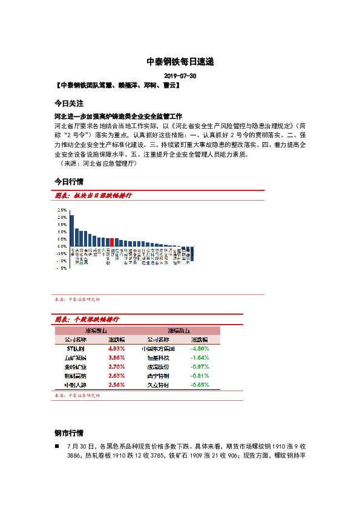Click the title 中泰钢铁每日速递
pyautogui.click(x=180, y=62)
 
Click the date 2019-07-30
pyautogui.click(x=180, y=77)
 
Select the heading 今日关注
pyautogui.click(x=68, y=103)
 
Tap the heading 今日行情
pyautogui.click(x=68, y=181)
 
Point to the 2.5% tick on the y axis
pyautogui.click(x=62, y=210)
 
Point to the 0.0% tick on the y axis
pyautogui.click(x=62, y=246)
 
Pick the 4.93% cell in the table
pyautogui.click(x=116, y=349)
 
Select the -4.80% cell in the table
pyautogui.click(x=199, y=349)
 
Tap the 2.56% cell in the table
pyautogui.click(x=116, y=384)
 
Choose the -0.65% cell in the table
pyautogui.click(x=199, y=384)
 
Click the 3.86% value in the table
pyautogui.click(x=116, y=358)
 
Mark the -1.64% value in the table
pyautogui.click(x=199, y=358)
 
